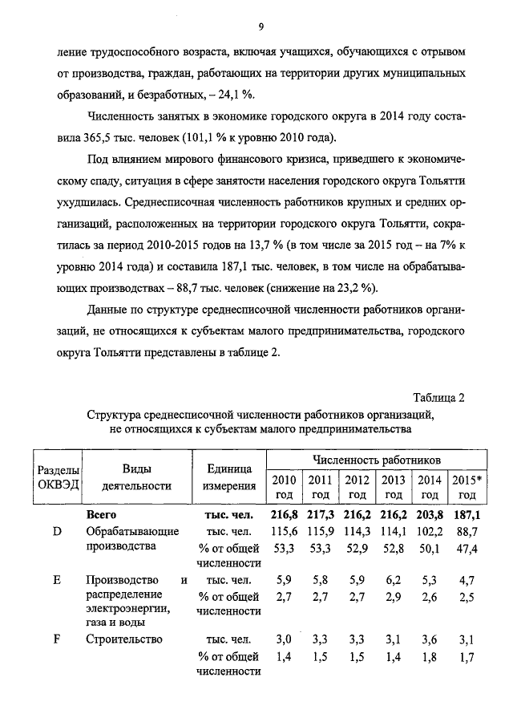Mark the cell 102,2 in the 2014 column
430,532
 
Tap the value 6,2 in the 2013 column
393,579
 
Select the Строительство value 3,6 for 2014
430,640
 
